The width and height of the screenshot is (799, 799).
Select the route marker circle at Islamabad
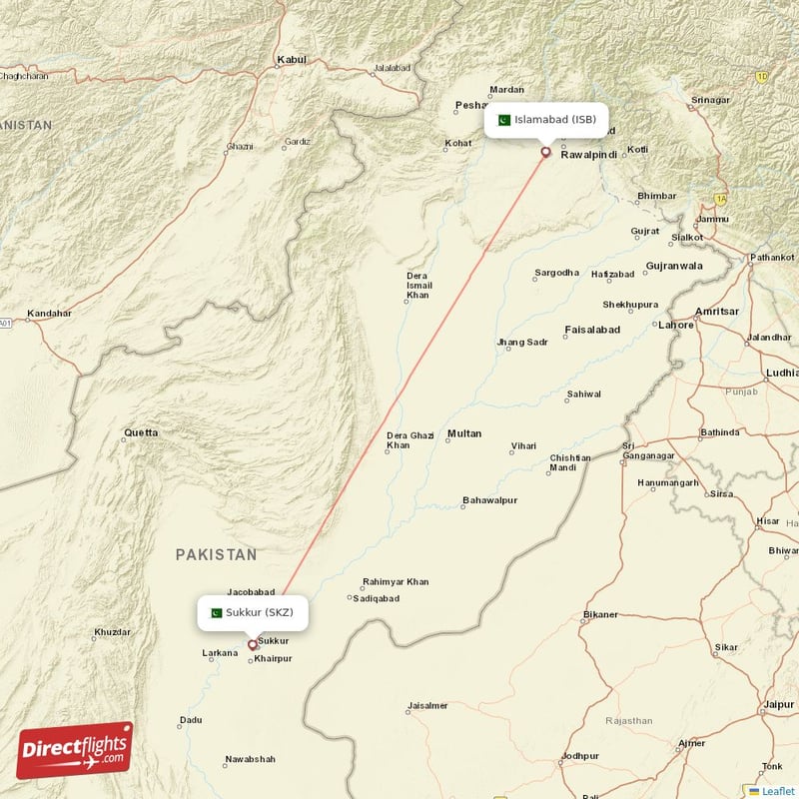pyautogui.click(x=545, y=152)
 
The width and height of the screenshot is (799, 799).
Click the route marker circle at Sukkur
pyautogui.click(x=252, y=645)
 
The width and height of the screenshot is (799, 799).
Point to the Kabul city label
pyautogui.click(x=292, y=60)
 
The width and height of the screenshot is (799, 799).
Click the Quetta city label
pyautogui.click(x=140, y=433)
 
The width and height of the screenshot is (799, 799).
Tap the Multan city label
pyautogui.click(x=464, y=433)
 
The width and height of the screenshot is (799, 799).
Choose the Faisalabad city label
pyautogui.click(x=592, y=330)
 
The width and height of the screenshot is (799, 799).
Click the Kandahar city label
pyautogui.click(x=49, y=314)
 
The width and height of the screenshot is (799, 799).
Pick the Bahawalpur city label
pyautogui.click(x=489, y=500)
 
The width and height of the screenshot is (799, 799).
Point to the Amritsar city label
pyautogui.click(x=717, y=312)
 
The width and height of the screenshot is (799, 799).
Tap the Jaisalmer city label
pyautogui.click(x=427, y=706)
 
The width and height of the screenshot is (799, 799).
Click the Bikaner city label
pyautogui.click(x=601, y=614)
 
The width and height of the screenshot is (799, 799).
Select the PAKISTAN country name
pyautogui.click(x=216, y=554)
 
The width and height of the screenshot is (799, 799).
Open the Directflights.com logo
pyautogui.click(x=75, y=750)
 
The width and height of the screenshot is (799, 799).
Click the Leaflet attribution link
pyautogui.click(x=777, y=791)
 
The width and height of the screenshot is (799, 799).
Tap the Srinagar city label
pyautogui.click(x=711, y=100)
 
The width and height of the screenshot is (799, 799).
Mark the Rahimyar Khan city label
pyautogui.click(x=396, y=582)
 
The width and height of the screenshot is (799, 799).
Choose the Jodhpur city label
pyautogui.click(x=580, y=756)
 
